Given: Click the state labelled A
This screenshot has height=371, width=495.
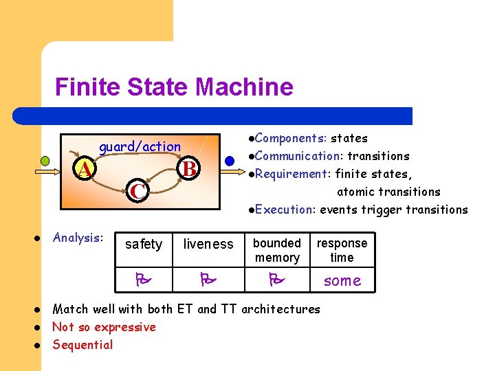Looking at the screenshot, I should coord(85,168).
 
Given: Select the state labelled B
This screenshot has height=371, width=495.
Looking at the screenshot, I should coord(189,168).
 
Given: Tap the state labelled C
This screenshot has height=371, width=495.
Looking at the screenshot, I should coord(137,192).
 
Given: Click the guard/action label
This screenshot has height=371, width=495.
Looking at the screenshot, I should coord(140,146).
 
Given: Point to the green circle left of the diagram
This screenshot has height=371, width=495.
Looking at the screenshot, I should coord(45,161).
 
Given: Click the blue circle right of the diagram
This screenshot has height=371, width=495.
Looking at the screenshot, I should coord(230,161).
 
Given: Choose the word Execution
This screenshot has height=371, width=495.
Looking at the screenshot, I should coord(284,210).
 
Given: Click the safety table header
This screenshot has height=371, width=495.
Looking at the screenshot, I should coord(144,244).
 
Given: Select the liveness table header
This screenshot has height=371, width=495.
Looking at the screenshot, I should coord(208,244).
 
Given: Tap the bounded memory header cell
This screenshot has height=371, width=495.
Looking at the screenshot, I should coord(277,250).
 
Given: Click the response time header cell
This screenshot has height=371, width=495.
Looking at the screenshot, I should coord(342,250).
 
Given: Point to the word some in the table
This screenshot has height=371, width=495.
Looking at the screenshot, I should coord(342,280).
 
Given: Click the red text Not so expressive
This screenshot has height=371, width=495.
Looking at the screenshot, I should coord(104,327).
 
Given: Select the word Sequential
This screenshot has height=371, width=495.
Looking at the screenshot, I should coord(82,345).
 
